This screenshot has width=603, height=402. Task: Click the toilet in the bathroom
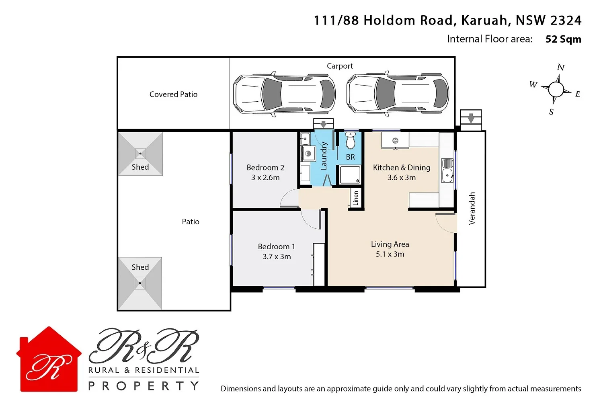pos(351,141)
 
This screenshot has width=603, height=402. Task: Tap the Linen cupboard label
pos(355,198)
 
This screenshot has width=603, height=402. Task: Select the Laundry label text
pos(324,156)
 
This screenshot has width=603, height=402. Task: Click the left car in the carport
pos(284,94)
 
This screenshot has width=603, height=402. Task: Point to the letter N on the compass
pos(561,67)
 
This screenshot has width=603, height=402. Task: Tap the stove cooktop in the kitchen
pos(395,141)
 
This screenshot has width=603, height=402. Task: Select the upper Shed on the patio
pos(140,154)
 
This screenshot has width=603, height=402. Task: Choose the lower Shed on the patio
pos(140,283)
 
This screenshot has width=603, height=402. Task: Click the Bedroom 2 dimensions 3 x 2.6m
pos(265,178)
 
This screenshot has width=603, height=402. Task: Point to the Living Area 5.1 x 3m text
pos(390,249)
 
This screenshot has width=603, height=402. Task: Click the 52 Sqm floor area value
pos(563,39)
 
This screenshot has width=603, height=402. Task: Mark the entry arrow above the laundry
pos(324,124)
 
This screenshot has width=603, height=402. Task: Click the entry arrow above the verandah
pos(471,118)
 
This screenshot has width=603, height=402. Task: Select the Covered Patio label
pos(173,94)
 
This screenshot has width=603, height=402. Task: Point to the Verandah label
pos(472,208)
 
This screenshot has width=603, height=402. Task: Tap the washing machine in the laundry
pos(308,154)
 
